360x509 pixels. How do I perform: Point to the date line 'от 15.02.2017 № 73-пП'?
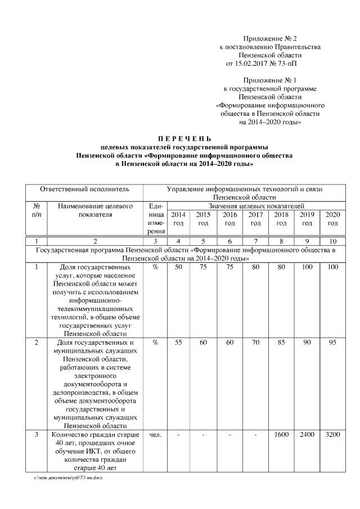click(x=262, y=64)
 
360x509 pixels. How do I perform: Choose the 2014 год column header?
click(x=178, y=219)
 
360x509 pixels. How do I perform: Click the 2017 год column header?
click(x=255, y=219)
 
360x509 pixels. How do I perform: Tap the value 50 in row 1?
click(x=178, y=267)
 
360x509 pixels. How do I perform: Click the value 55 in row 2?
click(x=178, y=343)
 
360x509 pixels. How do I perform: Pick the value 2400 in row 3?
click(x=307, y=435)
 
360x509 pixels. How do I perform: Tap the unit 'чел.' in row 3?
click(x=155, y=435)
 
